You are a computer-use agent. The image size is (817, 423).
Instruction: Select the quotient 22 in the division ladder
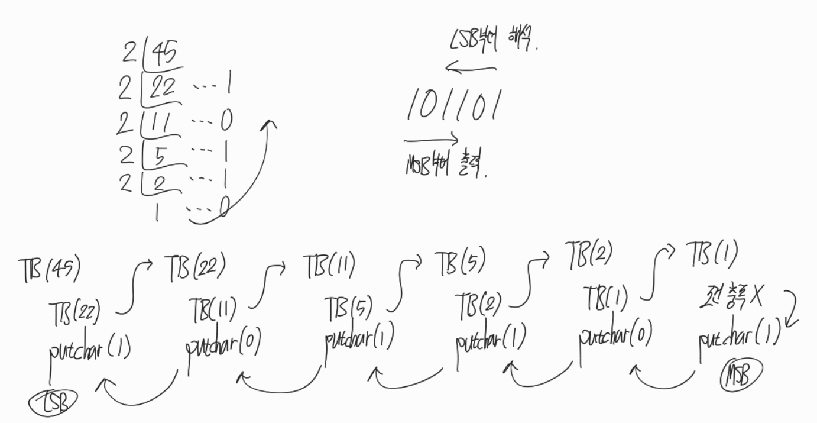tap(162, 88)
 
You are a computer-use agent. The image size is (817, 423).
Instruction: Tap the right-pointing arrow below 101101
tap(430, 141)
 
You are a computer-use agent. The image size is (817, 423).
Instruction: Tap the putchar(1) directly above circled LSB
tap(89, 351)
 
